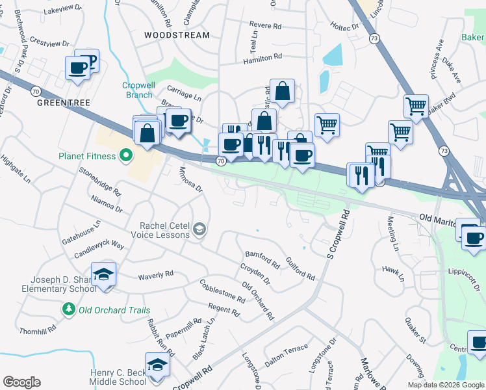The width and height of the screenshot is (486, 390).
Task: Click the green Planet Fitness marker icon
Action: click(126, 155)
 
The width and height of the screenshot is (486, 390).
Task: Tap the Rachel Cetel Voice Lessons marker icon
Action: click(199, 228)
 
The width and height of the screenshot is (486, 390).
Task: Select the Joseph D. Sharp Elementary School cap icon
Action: click(103, 276)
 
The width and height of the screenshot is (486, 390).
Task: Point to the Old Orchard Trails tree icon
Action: click(67, 309)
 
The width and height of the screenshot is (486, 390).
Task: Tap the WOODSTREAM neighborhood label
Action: click(177, 35)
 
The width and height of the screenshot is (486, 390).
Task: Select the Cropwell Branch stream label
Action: click(138, 90)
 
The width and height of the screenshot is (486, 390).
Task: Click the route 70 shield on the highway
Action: click(221, 160)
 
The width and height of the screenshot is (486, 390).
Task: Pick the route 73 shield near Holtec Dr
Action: click(373, 39)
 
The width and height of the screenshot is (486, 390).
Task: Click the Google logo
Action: click(21, 382)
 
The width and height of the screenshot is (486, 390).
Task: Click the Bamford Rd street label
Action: click(261, 259)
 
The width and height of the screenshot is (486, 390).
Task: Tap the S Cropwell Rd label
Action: click(331, 233)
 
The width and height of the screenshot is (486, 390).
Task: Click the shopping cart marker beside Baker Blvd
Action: click(416, 106)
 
